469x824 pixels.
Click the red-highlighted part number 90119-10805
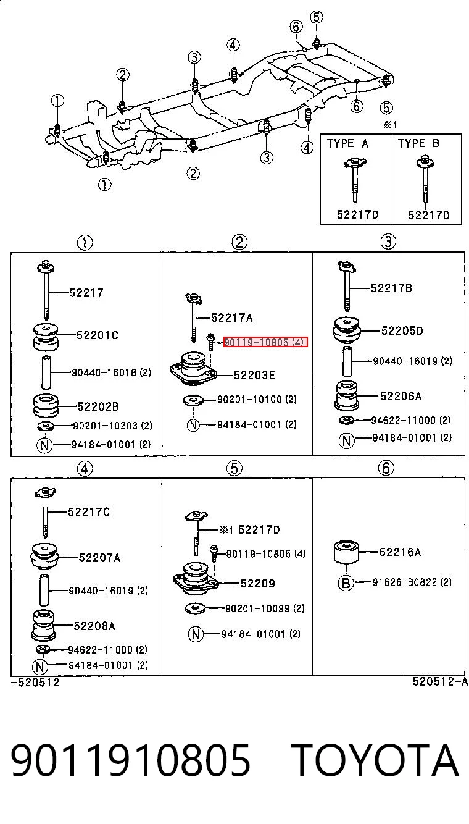[256, 342]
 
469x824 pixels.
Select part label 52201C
[98, 335]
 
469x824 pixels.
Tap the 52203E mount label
[254, 375]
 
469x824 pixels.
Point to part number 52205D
[402, 330]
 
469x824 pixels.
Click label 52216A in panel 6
[400, 552]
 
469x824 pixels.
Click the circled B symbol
[346, 583]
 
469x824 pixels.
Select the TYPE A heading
[347, 143]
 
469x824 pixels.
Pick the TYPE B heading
[418, 143]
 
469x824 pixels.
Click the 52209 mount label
[258, 584]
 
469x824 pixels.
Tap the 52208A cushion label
[94, 626]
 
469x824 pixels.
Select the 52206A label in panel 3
[401, 396]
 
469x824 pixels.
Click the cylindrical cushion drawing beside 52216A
[346, 552]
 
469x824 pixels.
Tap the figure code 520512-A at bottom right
[440, 681]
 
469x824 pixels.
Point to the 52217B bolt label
[391, 288]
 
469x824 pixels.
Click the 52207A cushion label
[99, 558]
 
